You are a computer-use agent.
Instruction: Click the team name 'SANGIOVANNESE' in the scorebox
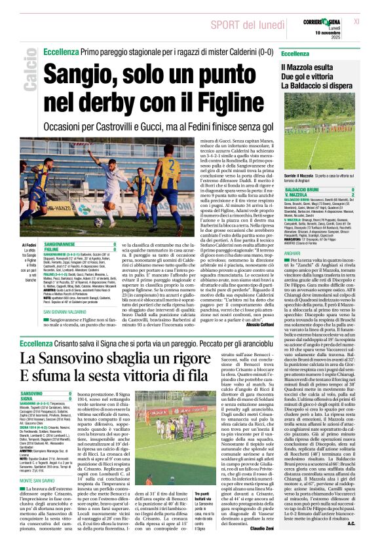point(61,243)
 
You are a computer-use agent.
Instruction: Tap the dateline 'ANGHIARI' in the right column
point(292,235)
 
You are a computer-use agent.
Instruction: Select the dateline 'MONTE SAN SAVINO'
point(41,480)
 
